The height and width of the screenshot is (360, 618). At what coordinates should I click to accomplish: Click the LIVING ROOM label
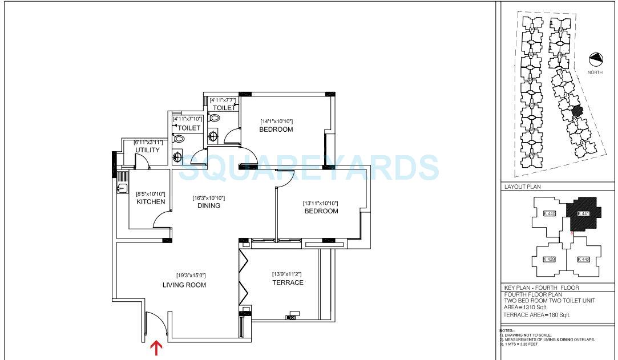coord(184,285)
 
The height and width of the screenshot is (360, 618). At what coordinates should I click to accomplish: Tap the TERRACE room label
coord(288,282)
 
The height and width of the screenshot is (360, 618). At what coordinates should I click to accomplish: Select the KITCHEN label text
coord(151,201)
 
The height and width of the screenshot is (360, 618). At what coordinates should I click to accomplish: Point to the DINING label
coord(208,206)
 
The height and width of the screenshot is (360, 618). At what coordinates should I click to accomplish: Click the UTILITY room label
coord(147,150)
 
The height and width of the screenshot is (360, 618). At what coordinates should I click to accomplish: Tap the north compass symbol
coord(596,59)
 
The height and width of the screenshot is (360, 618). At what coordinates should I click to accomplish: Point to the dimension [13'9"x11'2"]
coord(287,274)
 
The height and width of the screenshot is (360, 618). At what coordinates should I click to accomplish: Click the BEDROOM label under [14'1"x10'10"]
coord(276,130)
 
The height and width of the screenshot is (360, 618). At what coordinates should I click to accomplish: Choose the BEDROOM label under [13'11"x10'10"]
coord(320,211)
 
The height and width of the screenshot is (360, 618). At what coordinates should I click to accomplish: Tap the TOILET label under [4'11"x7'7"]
coord(224,108)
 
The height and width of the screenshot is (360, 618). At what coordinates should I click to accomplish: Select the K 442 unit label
coord(583,260)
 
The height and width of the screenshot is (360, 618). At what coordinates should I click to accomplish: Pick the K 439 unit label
coord(549,260)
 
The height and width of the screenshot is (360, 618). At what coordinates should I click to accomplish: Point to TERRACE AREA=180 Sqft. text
coord(536,315)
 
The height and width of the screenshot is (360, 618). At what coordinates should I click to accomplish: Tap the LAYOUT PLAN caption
coord(522,187)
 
